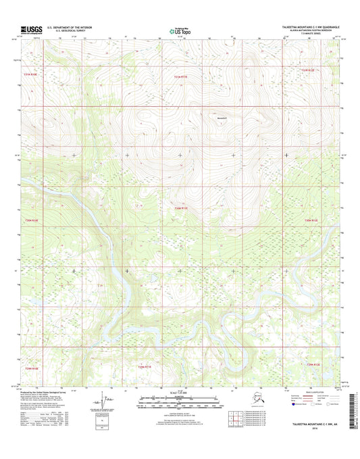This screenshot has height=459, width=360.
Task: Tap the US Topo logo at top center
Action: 180,30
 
